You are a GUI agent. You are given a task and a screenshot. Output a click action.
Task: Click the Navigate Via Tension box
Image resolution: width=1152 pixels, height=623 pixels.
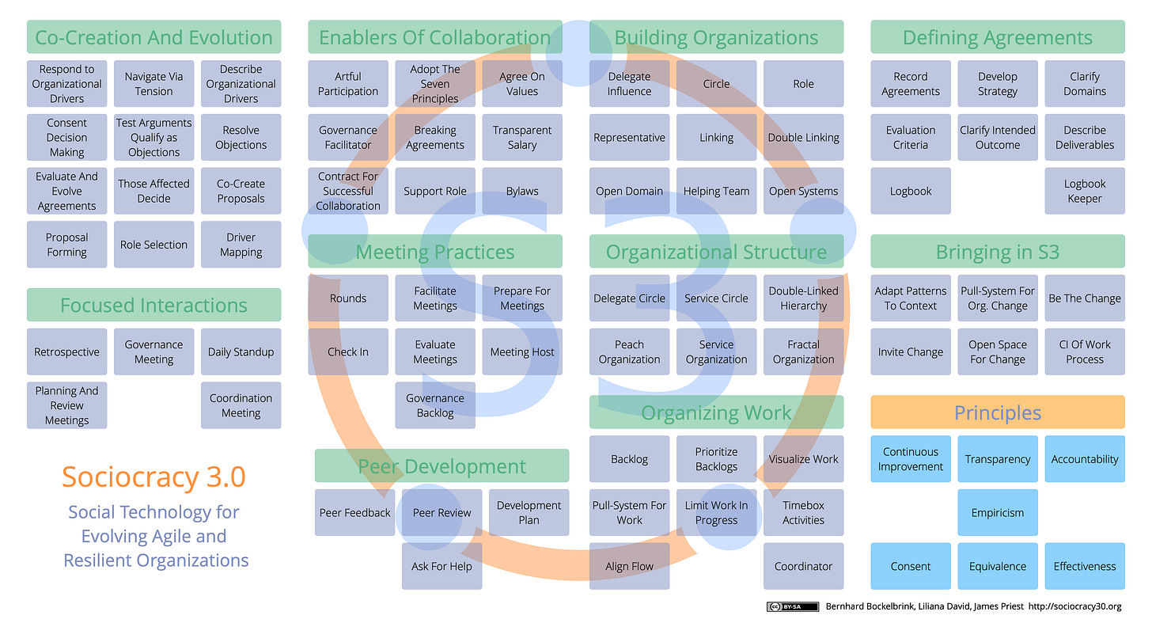[x=153, y=84]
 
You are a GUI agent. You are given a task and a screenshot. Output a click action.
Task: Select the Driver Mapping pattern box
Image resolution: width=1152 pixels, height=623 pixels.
[x=241, y=245]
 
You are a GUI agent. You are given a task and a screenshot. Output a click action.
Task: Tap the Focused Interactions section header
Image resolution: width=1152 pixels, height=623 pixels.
[x=153, y=305]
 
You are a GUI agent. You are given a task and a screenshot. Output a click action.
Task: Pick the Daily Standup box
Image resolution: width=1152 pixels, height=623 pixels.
[x=241, y=351]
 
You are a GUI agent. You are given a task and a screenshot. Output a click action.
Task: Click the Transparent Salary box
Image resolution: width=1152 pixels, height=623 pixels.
[x=522, y=138]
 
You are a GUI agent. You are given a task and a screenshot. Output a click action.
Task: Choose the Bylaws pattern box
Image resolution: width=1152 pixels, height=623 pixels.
[x=522, y=191]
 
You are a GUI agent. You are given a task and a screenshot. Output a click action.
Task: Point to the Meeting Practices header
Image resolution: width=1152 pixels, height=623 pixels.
[x=435, y=252]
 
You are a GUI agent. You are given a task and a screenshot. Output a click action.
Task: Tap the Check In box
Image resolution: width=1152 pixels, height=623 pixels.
[x=348, y=351]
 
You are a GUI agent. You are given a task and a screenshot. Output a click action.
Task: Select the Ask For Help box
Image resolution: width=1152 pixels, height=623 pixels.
[x=441, y=566]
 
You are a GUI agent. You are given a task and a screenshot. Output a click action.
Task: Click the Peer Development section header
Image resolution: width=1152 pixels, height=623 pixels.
[x=441, y=466]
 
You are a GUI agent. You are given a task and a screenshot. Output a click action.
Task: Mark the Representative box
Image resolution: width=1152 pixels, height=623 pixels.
[x=629, y=138]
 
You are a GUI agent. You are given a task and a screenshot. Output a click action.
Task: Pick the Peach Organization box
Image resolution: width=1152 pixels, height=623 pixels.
[x=629, y=351]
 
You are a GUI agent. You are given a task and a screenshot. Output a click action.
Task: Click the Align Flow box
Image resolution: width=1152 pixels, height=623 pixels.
[x=629, y=566]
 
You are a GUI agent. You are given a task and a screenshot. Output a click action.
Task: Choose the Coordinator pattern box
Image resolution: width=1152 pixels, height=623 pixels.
[x=803, y=566]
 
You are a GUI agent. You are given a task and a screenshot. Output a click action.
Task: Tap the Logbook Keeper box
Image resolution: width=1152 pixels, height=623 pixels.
[x=1084, y=191]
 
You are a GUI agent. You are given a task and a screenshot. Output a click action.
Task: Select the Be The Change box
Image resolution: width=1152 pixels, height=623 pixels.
[x=1084, y=298]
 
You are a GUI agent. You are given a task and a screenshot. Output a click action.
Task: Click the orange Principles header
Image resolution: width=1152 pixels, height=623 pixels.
[x=997, y=412]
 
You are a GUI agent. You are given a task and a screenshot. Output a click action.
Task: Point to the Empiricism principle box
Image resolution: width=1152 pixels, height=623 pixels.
[x=997, y=513]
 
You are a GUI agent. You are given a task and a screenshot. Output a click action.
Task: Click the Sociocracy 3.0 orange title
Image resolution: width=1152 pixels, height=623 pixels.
[x=153, y=477]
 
